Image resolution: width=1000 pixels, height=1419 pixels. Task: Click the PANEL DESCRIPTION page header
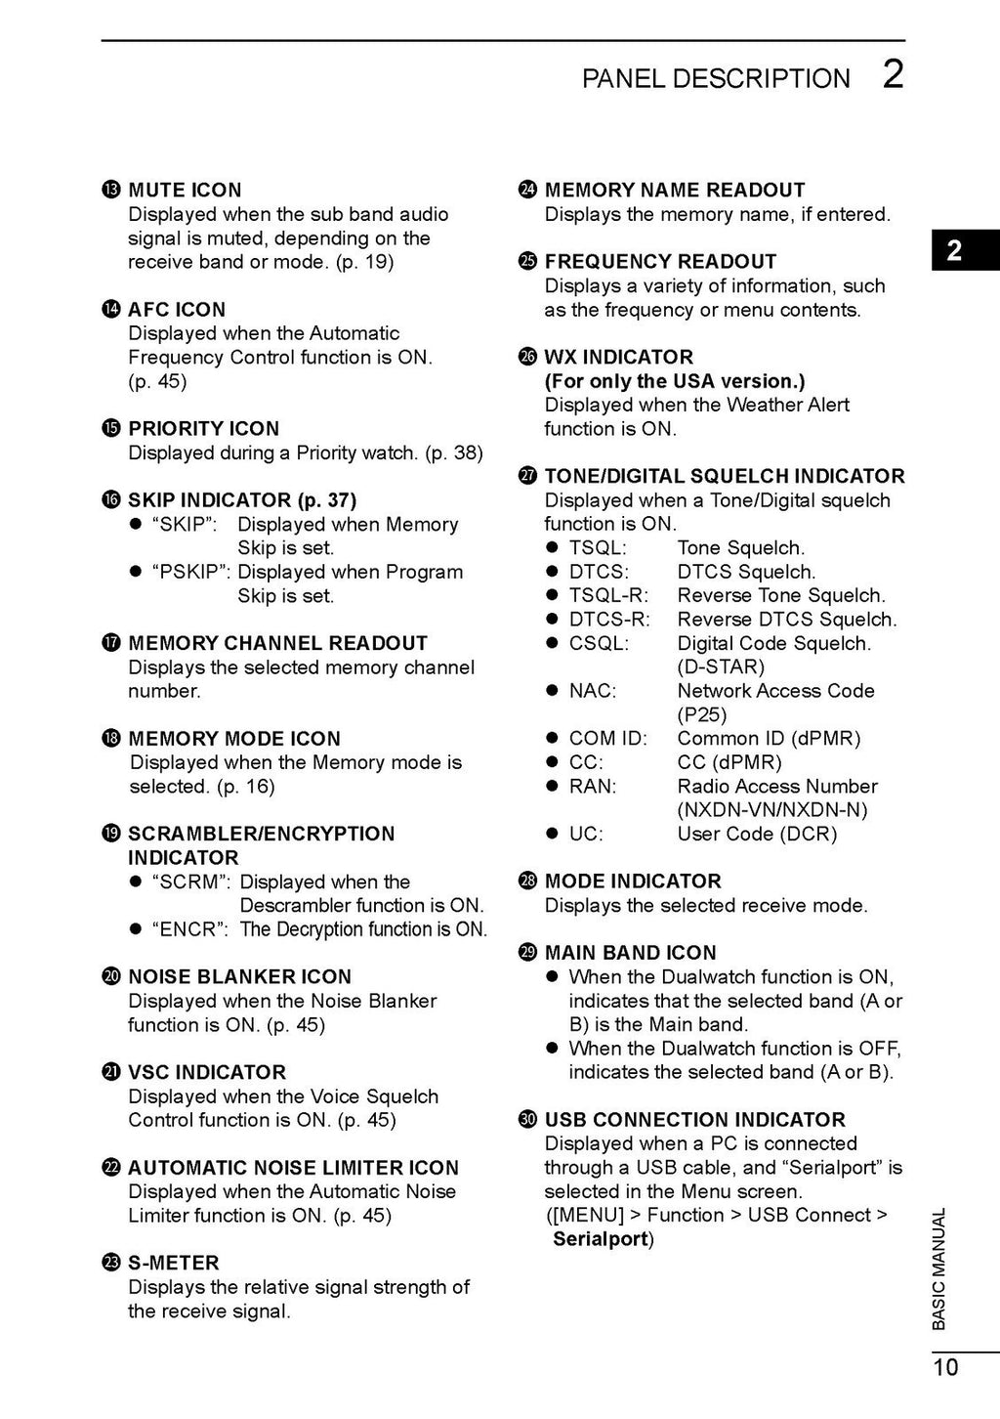tap(716, 78)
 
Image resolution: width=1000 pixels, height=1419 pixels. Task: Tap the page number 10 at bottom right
tap(945, 1367)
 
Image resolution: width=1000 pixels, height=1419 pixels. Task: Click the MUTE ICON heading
tap(185, 190)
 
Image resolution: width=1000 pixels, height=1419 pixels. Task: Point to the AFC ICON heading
tap(177, 309)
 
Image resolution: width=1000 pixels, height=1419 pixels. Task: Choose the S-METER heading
tap(174, 1263)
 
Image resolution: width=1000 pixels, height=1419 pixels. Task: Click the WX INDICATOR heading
tap(618, 357)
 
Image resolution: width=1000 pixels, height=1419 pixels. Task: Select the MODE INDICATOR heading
tap(633, 881)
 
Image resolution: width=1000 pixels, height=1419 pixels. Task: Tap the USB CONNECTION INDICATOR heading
tap(694, 1119)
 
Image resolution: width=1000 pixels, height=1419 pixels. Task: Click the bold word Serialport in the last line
tap(601, 1239)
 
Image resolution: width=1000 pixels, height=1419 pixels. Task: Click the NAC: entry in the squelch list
tap(593, 691)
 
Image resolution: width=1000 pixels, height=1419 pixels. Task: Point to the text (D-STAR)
tap(721, 666)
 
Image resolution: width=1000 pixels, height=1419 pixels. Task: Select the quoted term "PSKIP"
tap(190, 572)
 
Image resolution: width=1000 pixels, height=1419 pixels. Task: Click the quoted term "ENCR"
tap(189, 929)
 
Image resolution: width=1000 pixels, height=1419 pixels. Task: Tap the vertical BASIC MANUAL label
tap(938, 1268)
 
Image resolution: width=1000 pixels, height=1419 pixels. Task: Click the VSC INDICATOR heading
tap(207, 1072)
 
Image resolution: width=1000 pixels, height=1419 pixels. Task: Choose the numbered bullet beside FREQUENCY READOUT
tap(527, 261)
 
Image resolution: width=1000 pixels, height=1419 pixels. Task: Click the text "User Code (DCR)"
tap(757, 834)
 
